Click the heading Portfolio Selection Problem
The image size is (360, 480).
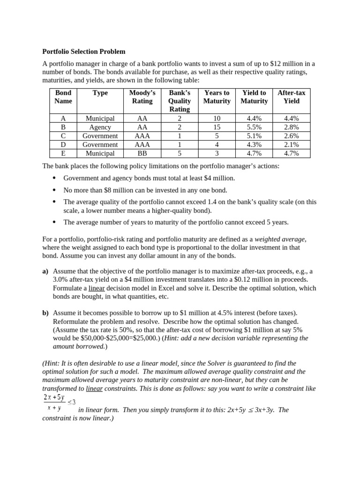pyautogui.click(x=84, y=52)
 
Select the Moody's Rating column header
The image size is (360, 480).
pyautogui.click(x=142, y=97)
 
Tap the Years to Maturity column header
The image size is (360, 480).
pyautogui.click(x=217, y=97)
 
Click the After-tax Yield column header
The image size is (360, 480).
pyautogui.click(x=291, y=97)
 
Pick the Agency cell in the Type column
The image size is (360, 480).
pyautogui.click(x=100, y=127)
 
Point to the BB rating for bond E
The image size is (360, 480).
pyautogui.click(x=142, y=153)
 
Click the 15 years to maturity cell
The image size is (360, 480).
pyautogui.click(x=217, y=127)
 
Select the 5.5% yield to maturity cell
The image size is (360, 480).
pyautogui.click(x=254, y=127)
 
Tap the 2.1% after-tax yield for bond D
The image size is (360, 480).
pyautogui.click(x=291, y=144)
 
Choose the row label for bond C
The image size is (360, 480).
pyautogui.click(x=63, y=136)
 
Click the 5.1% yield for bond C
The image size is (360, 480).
pyautogui.click(x=254, y=136)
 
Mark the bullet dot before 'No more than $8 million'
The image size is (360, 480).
pyautogui.click(x=54, y=190)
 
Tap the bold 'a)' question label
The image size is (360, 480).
pyautogui.click(x=45, y=271)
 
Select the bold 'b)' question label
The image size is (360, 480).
pyautogui.click(x=45, y=313)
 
